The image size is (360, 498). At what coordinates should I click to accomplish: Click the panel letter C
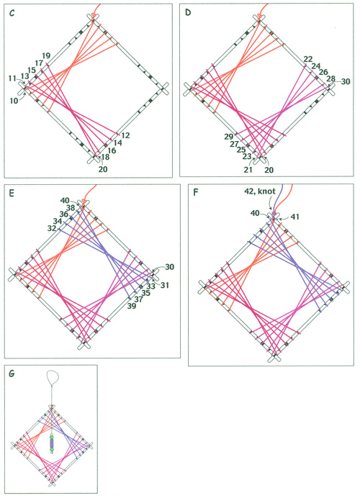[12, 14]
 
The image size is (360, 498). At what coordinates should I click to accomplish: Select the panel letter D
[188, 14]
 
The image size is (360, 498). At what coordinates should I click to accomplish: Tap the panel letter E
[12, 194]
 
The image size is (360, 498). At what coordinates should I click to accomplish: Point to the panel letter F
[196, 193]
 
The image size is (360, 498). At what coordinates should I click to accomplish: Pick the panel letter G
[12, 373]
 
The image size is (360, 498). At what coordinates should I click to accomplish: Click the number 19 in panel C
[46, 56]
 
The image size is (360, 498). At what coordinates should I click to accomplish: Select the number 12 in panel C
[125, 135]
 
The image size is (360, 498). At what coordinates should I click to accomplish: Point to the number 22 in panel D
[308, 59]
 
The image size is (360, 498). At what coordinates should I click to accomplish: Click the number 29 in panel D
[229, 137]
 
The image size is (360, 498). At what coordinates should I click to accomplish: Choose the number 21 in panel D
[248, 170]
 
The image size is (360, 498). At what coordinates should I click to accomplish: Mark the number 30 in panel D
[346, 81]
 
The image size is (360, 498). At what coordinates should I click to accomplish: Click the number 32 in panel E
[52, 228]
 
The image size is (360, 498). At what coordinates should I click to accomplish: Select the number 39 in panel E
[131, 306]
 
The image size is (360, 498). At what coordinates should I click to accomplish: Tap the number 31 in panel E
[164, 286]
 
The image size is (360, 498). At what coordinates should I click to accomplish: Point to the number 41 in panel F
[295, 217]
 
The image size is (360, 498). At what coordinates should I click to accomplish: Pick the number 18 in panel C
[106, 157]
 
